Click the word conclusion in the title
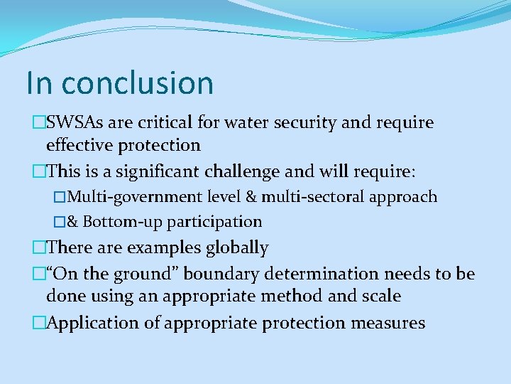click(137, 82)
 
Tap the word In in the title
click(39, 82)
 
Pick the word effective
click(78, 146)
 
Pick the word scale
click(380, 297)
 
